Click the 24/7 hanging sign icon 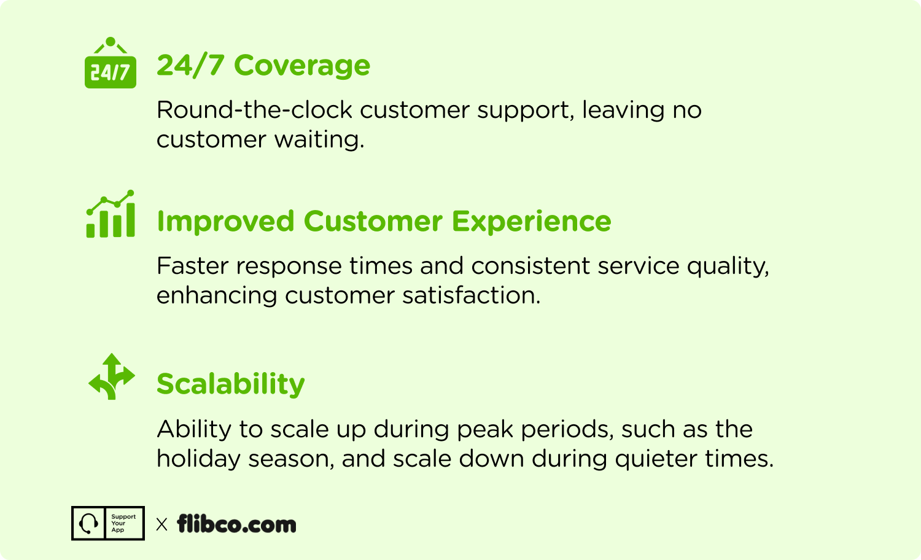(110, 63)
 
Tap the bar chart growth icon (110, 214)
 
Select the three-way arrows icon (111, 376)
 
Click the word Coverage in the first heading (302, 66)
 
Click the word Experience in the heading (531, 222)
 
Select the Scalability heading (231, 384)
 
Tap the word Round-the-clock (255, 110)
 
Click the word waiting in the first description (319, 139)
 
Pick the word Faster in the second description (192, 266)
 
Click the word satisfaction (471, 295)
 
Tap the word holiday (198, 459)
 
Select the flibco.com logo (236, 524)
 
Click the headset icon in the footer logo (88, 523)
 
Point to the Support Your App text (123, 523)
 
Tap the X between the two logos (162, 524)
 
